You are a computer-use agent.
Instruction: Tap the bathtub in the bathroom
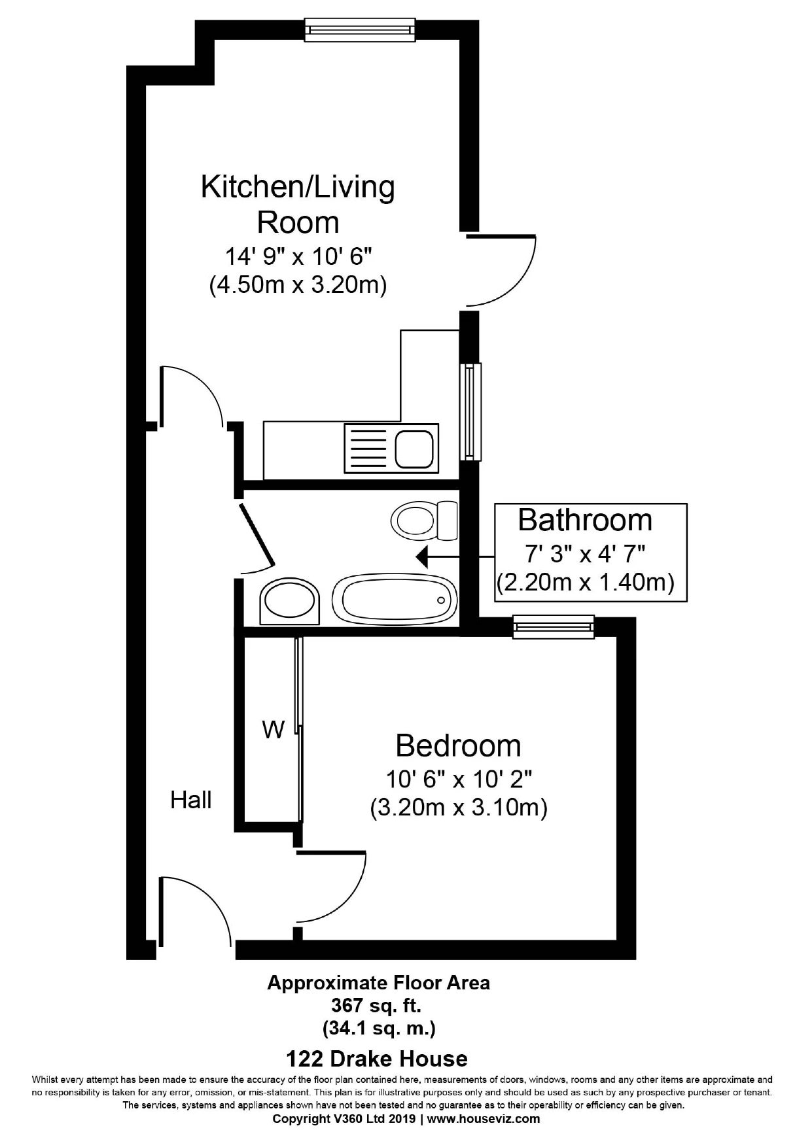click(x=394, y=600)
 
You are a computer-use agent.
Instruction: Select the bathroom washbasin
click(x=289, y=600)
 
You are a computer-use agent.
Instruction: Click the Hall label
click(x=191, y=800)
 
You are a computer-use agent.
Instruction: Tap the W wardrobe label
click(x=274, y=729)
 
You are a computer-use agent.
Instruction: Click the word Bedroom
click(x=458, y=746)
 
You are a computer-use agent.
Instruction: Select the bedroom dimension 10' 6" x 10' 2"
click(x=458, y=779)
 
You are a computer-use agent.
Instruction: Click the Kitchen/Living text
click(x=298, y=187)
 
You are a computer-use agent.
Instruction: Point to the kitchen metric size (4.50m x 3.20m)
click(x=298, y=286)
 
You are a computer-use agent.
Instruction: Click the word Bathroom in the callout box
click(x=585, y=521)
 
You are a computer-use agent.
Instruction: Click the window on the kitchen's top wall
click(x=360, y=29)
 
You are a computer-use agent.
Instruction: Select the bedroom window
click(x=554, y=626)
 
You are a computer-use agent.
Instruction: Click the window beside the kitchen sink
click(x=470, y=411)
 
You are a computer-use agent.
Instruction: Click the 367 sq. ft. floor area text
click(x=379, y=1005)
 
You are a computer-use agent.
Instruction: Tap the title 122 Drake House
click(x=377, y=1058)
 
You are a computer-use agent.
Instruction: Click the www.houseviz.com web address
click(x=484, y=1118)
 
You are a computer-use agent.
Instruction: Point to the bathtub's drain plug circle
click(x=441, y=600)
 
